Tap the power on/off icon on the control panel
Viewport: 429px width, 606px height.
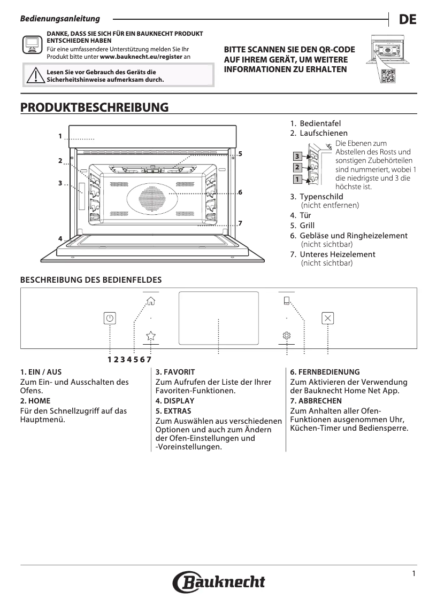point(110,318)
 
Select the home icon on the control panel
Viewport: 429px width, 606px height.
point(151,300)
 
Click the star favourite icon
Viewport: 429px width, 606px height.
point(151,335)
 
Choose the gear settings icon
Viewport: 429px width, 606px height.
point(287,335)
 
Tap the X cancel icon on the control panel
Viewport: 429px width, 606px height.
point(328,318)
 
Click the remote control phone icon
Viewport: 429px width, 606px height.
point(287,300)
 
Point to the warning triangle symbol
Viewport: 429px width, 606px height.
point(35,76)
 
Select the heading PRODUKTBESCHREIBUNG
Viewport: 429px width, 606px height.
point(94,107)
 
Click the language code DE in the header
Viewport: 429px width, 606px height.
point(408,20)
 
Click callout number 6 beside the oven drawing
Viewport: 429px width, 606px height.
point(241,192)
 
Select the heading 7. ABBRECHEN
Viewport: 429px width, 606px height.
point(316,401)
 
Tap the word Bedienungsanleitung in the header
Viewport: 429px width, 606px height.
point(60,19)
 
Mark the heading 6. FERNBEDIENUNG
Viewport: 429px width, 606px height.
point(325,371)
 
